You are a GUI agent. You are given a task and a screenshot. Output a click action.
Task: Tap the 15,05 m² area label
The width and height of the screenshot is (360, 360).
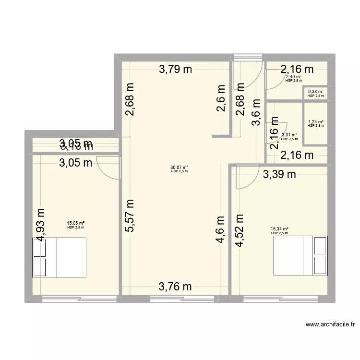click(x=76, y=223)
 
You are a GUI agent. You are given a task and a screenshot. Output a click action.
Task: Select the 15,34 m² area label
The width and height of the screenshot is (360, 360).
click(x=279, y=229)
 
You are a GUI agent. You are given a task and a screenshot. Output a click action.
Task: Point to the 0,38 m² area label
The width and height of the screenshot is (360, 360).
click(x=316, y=91)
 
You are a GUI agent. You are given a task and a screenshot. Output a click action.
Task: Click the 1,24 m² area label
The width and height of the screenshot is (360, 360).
click(x=316, y=122)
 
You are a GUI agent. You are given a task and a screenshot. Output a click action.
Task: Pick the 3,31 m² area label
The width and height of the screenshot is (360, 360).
click(x=289, y=135)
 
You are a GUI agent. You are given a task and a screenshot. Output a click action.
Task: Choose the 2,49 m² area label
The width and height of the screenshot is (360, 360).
click(x=293, y=76)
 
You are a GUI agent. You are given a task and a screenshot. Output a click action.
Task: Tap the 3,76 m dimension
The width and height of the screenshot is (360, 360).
click(x=175, y=287)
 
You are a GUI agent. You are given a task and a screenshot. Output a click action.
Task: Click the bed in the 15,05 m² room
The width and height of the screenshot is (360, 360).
click(x=60, y=257)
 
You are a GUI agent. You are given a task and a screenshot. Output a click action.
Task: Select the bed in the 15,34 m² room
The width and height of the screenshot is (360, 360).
click(x=300, y=255)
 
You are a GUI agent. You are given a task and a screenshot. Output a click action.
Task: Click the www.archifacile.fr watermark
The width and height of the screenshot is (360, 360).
click(x=331, y=324)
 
